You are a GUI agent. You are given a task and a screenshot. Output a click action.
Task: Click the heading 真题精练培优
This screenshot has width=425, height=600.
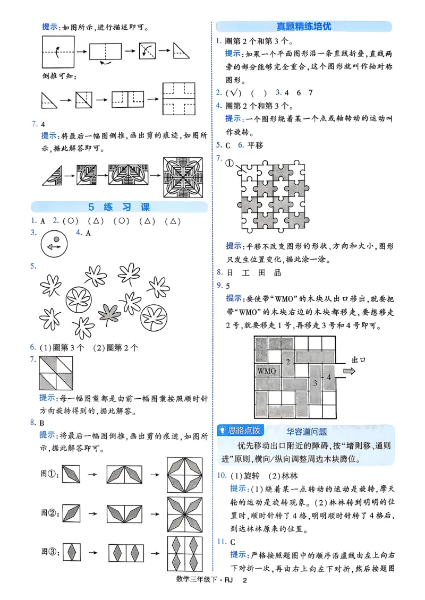click(304, 26)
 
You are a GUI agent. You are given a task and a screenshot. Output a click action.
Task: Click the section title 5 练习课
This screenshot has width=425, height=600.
click(119, 207)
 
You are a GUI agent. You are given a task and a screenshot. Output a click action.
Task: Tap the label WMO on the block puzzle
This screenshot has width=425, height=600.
click(267, 371)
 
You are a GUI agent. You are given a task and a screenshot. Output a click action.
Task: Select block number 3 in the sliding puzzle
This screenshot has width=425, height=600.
click(315, 383)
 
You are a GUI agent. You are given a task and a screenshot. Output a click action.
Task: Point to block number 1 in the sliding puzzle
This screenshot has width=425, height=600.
click(281, 344)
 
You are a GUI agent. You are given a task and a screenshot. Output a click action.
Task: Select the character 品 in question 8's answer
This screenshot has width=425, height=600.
click(277, 272)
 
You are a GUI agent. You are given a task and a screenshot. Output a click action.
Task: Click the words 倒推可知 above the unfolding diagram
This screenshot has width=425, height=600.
click(58, 76)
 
